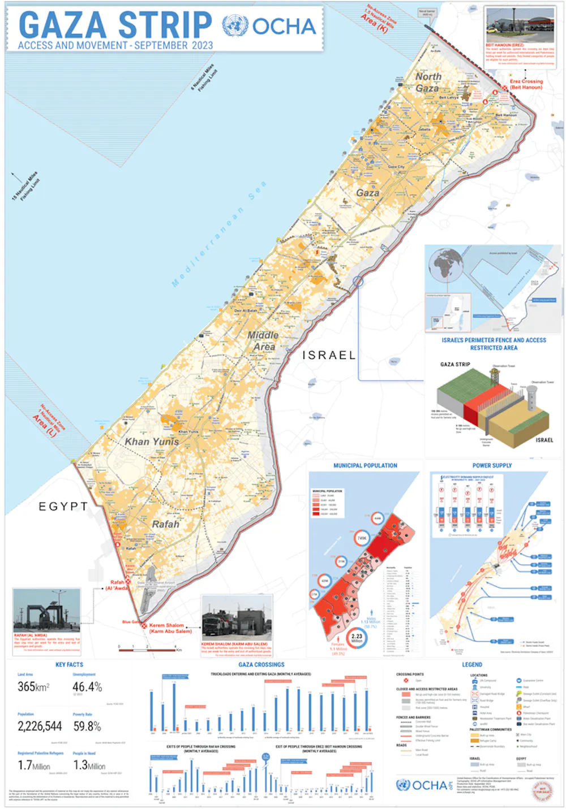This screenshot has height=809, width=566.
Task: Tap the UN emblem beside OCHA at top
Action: [x=235, y=26]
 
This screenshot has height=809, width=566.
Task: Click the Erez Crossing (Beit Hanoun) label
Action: [x=526, y=84]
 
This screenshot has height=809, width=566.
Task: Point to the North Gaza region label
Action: [x=428, y=82]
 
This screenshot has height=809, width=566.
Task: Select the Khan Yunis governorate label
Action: [x=152, y=442]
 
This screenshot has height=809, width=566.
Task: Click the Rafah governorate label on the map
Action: [x=165, y=524]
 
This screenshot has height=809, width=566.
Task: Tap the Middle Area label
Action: [x=263, y=340]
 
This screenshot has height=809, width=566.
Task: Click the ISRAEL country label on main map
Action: [x=329, y=355]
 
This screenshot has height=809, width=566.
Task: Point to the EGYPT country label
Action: [x=63, y=507]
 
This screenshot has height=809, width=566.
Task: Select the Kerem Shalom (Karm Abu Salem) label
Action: [x=170, y=628]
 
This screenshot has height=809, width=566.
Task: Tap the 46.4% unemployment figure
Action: [x=87, y=687]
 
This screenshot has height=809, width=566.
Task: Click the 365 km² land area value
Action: [x=33, y=687]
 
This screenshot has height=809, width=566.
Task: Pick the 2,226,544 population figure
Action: [x=40, y=726]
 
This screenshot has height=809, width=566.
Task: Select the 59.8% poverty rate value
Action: [x=87, y=726]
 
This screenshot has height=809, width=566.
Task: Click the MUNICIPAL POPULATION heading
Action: [x=365, y=466]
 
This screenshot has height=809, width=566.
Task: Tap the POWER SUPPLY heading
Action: [x=492, y=466]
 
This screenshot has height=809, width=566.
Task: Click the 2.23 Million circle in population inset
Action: [x=357, y=638]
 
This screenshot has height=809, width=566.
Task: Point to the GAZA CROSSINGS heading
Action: [x=261, y=665]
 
